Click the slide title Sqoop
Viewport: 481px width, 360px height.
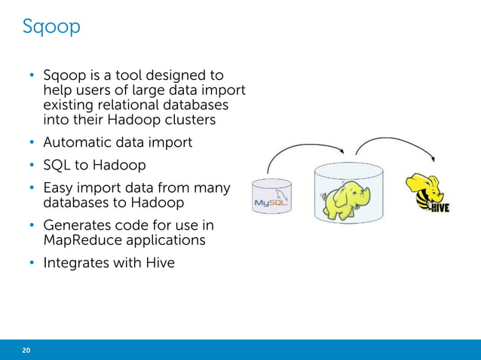(51, 28)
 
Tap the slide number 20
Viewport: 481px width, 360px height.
(26, 350)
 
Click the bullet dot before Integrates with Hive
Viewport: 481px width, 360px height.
(32, 263)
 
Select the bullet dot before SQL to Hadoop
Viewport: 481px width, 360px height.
(32, 165)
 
